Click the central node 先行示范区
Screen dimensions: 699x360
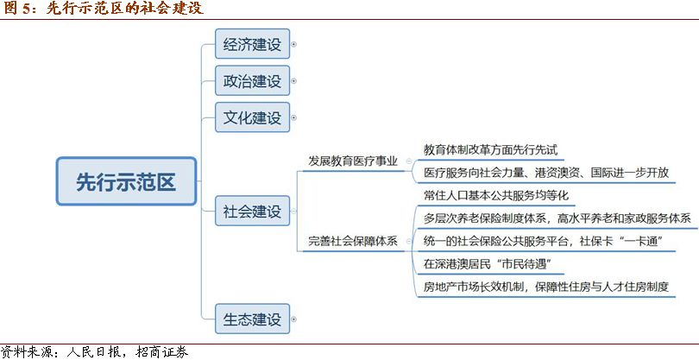tap(126, 180)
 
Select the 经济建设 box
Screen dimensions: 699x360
tap(252, 44)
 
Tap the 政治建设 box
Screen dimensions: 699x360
tap(252, 80)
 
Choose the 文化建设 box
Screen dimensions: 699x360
tap(252, 117)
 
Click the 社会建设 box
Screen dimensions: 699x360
tap(252, 211)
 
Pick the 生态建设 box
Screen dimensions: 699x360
tap(252, 319)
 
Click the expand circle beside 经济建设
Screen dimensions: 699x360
tap(293, 44)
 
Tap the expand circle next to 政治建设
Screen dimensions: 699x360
tap(293, 81)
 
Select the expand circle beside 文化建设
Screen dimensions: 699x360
tap(293, 117)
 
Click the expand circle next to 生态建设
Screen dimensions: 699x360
tap(293, 319)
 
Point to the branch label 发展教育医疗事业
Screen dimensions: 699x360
tap(353, 161)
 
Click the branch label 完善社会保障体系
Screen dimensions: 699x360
tap(353, 242)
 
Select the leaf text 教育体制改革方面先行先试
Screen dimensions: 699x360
tap(491, 149)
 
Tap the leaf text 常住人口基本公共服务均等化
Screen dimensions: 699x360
tap(496, 195)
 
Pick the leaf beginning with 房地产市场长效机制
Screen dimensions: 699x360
tap(546, 287)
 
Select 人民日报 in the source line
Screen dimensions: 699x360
tap(93, 352)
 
